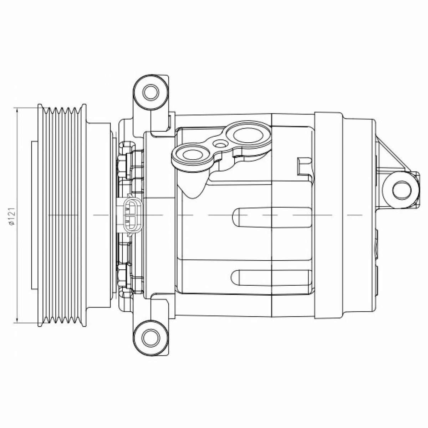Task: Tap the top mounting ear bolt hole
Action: point(151,92)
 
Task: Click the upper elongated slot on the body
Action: point(271,218)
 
